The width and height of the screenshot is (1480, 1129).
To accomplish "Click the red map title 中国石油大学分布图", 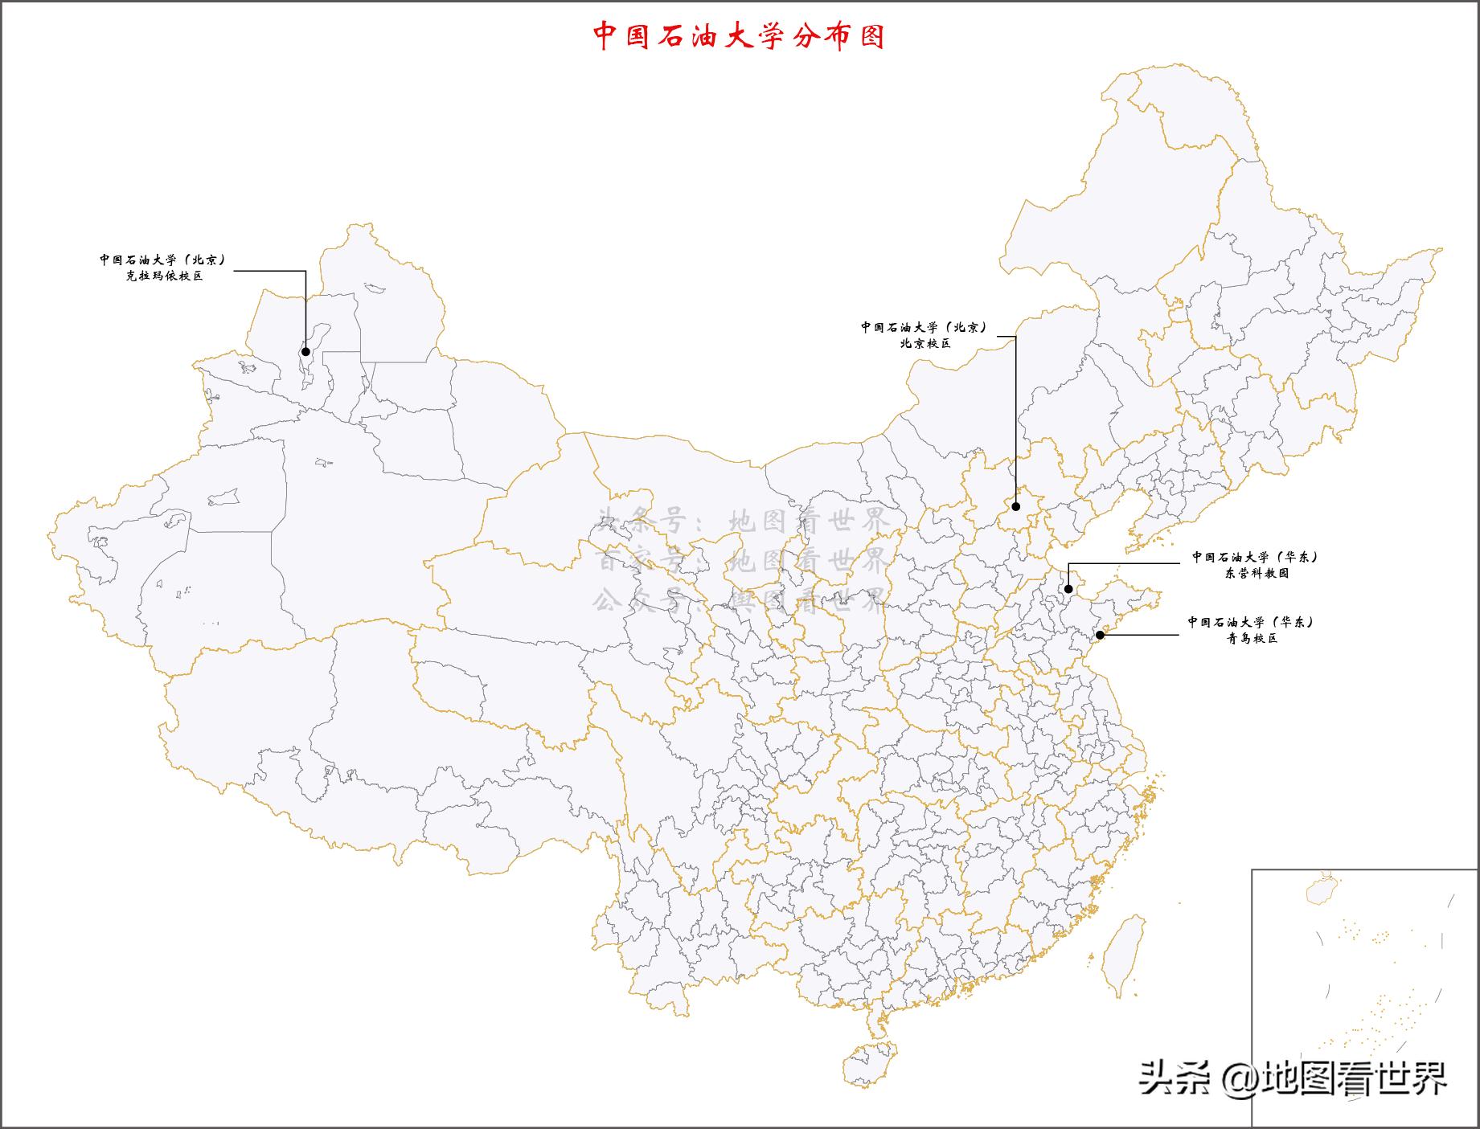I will [x=739, y=36].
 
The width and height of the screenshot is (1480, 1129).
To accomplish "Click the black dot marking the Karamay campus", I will [x=305, y=351].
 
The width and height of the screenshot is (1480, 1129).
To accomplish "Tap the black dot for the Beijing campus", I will [x=1015, y=507].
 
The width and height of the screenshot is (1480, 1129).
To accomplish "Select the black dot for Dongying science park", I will [x=1068, y=590].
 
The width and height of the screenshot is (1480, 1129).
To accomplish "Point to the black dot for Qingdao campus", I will [x=1100, y=635].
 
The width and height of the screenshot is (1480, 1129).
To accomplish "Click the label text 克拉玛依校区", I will [x=164, y=276].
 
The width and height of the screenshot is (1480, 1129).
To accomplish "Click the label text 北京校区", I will [x=924, y=343].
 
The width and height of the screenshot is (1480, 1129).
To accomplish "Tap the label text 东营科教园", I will [x=1257, y=573].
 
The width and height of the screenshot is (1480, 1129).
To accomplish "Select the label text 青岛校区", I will [x=1252, y=639].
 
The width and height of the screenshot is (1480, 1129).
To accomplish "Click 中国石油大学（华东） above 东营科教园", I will [x=1255, y=556].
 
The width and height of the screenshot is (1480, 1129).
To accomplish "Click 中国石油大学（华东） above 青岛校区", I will [x=1251, y=622].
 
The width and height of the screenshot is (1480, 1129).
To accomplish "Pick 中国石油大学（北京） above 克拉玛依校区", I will [x=163, y=260].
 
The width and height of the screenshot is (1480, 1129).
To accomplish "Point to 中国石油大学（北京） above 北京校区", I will [x=924, y=327].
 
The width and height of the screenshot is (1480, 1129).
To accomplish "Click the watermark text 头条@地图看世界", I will [x=1292, y=1077].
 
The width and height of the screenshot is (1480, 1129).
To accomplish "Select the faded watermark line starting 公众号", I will [x=740, y=599].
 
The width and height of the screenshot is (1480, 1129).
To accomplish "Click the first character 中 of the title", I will [x=605, y=36].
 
